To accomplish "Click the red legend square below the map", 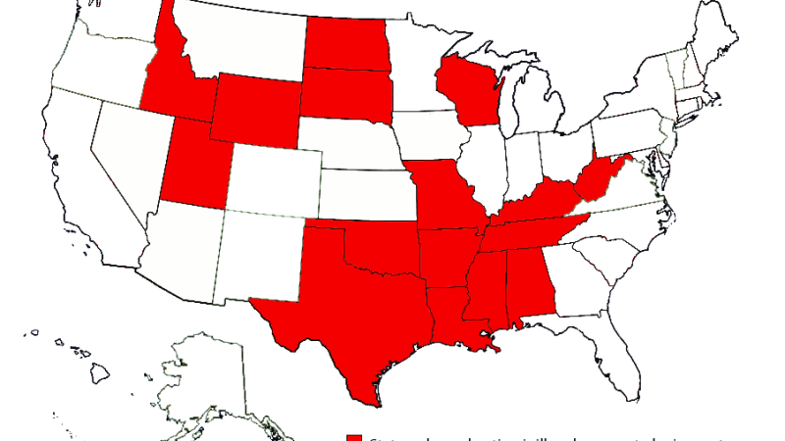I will click(354, 436).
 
